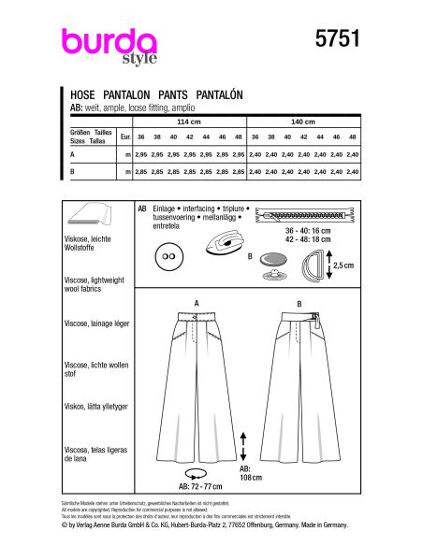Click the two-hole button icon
click(x=168, y=255)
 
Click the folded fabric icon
click(x=95, y=216)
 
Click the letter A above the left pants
click(x=197, y=304)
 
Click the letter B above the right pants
click(x=297, y=304)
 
